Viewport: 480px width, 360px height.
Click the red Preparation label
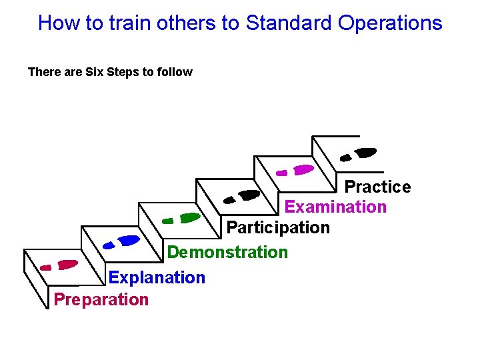101,299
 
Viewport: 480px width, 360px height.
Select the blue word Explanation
157,277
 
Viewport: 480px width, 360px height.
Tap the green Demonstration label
227,252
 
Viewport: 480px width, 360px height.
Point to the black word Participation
278,227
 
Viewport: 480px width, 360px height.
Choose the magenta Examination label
335,207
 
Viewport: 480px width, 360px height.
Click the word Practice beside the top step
377,187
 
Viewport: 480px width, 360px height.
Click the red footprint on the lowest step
60,265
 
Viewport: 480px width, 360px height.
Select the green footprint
182,218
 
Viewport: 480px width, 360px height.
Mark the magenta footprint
296,171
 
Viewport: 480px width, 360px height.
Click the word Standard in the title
289,23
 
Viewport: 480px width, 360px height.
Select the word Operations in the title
390,23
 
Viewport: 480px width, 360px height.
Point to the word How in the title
57,23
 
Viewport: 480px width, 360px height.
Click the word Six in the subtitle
95,72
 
